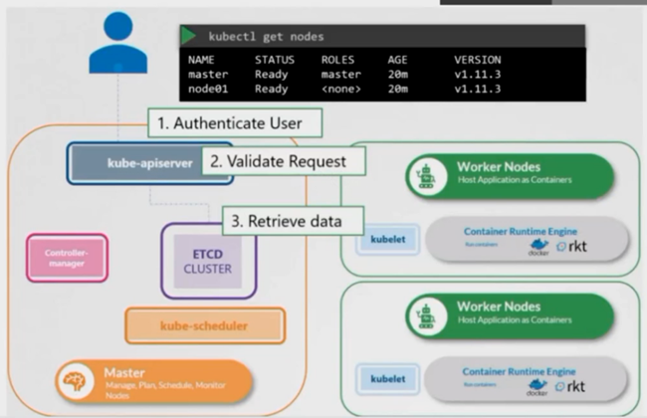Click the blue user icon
pos(116,45)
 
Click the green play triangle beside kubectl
pos(188,35)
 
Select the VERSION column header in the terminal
pos(476,60)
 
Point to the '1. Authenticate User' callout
pos(237,124)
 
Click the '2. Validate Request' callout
pos(284,159)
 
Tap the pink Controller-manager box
pos(67,258)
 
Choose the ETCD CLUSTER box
pos(206,260)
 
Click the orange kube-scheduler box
pos(204,324)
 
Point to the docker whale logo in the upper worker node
pos(539,244)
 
